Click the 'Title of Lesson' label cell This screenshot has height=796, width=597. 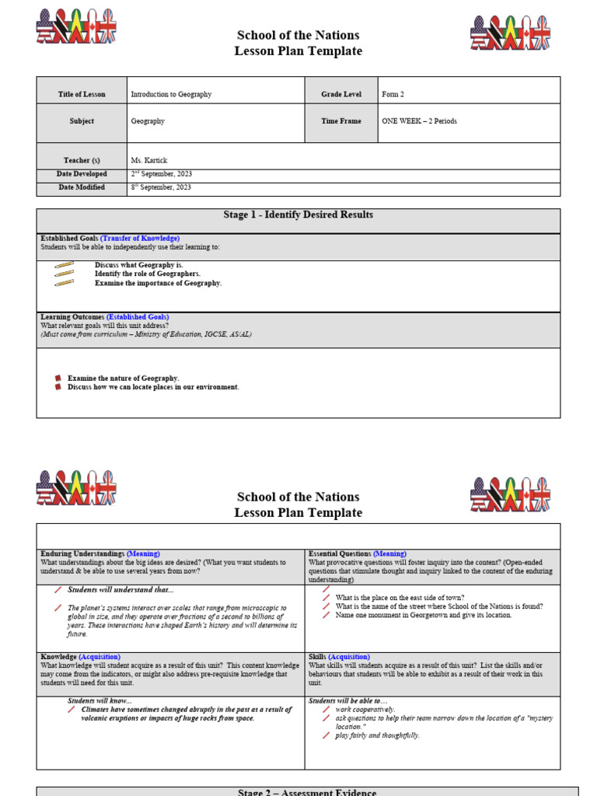tap(81, 94)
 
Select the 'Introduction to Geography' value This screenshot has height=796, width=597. tap(171, 94)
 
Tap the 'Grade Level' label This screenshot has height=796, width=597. tap(341, 94)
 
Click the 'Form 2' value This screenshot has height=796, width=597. tap(393, 94)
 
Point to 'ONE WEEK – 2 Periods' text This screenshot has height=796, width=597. tap(419, 121)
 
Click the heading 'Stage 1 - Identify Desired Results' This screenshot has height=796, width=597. tap(298, 215)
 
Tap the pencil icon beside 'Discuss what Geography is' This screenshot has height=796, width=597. tap(65, 266)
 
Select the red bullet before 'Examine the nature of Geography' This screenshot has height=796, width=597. tap(58, 378)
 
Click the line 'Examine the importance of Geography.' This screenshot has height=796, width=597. tap(158, 283)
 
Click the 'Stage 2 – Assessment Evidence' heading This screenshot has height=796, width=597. tap(307, 792)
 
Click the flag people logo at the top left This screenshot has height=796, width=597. tap(75, 26)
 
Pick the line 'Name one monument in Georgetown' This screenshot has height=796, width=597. tap(424, 615)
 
